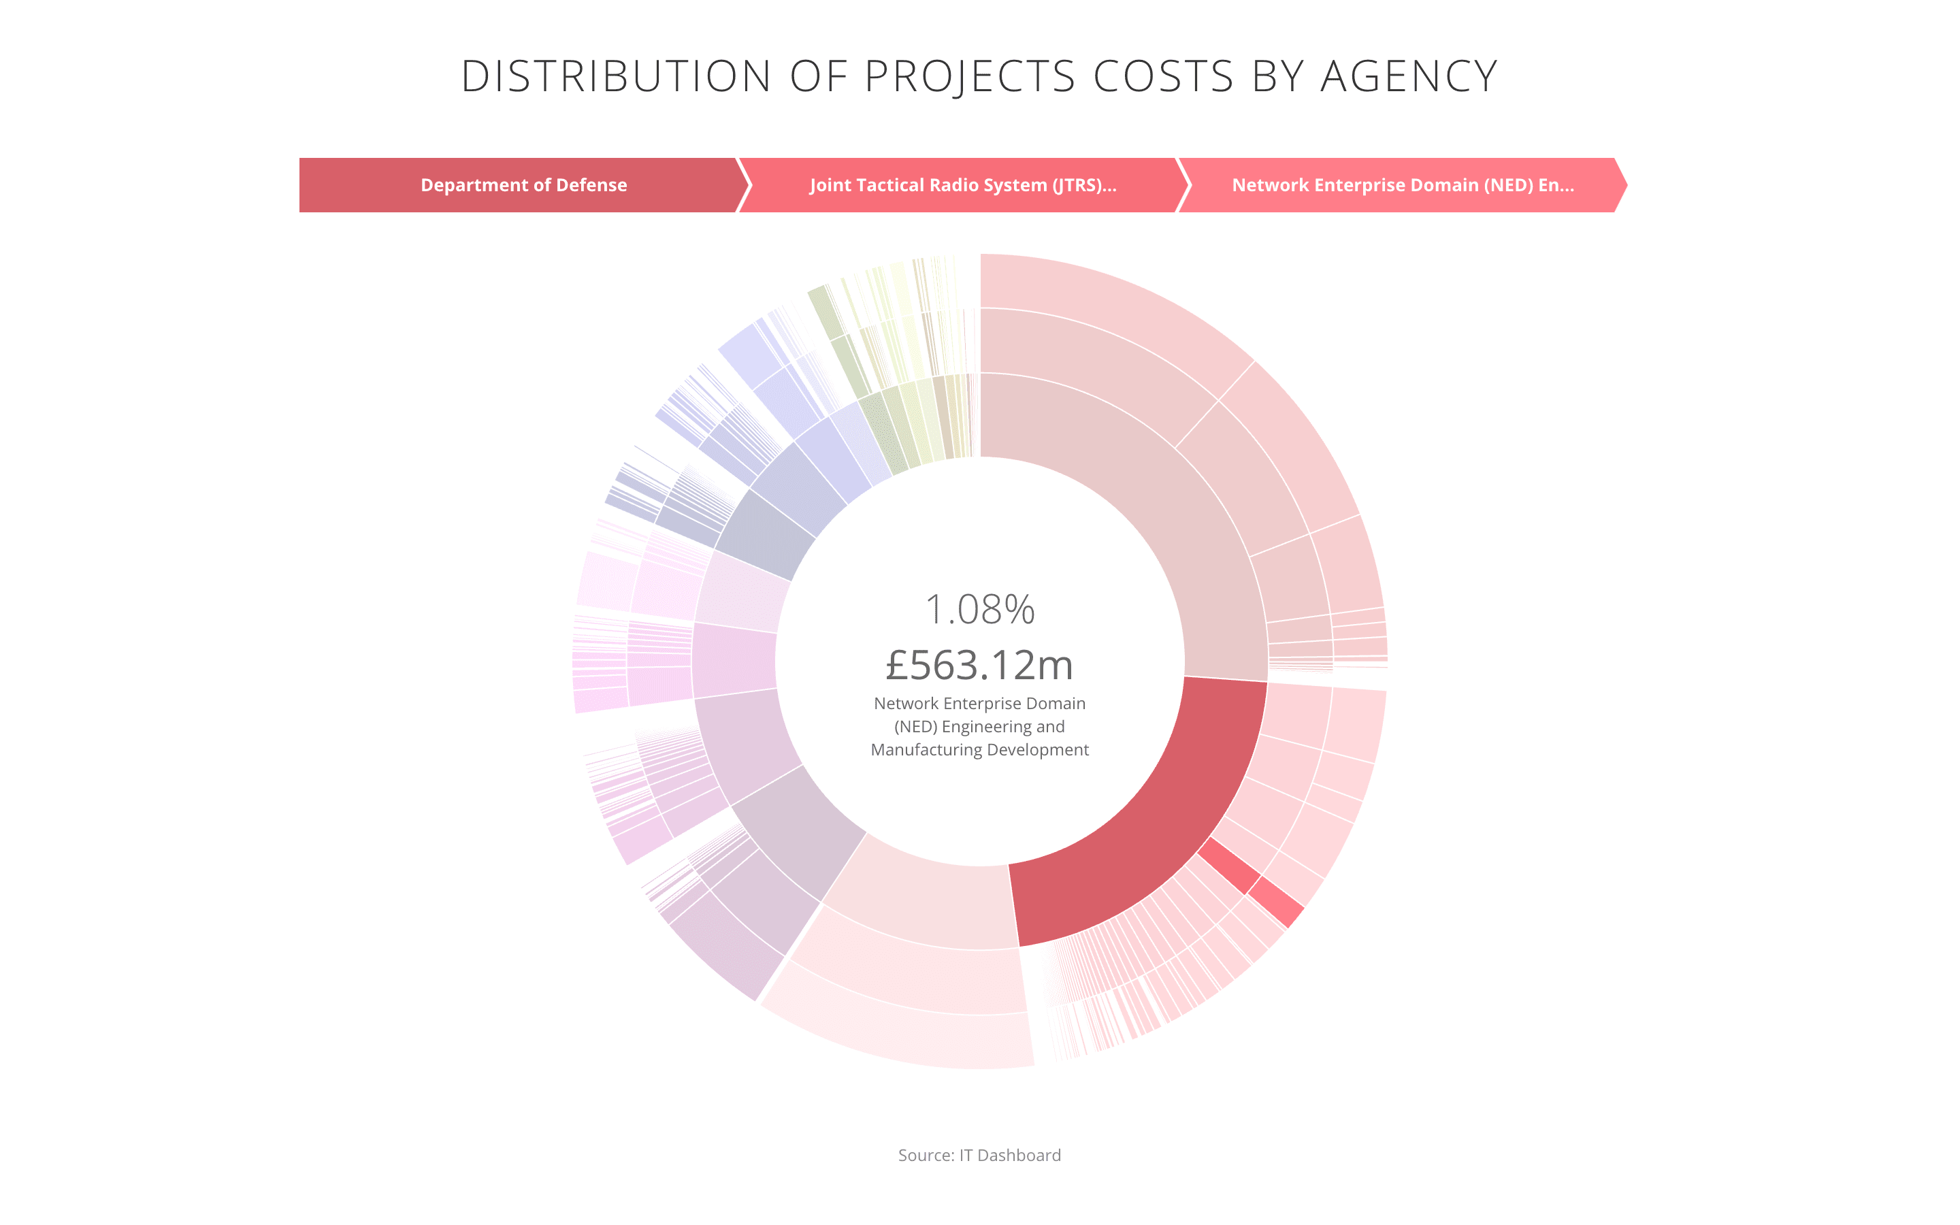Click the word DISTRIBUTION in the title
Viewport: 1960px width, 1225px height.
(x=615, y=77)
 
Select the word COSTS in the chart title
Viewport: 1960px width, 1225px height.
(x=1163, y=77)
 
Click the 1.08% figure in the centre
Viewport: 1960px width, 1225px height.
(x=979, y=609)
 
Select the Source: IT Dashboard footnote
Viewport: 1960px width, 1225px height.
(x=979, y=1156)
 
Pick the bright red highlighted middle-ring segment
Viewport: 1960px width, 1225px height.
(x=1228, y=865)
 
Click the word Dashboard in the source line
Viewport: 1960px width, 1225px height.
(x=1019, y=1156)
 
